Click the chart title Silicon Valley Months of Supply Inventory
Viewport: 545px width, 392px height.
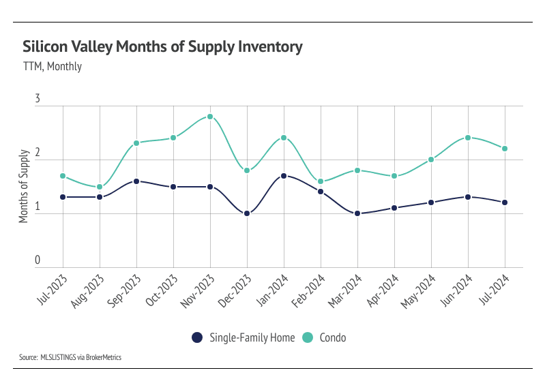162,47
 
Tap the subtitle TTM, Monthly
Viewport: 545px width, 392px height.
53,67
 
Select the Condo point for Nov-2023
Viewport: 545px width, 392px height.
210,117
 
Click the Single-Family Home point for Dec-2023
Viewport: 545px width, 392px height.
247,213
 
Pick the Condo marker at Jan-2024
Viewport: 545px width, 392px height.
284,138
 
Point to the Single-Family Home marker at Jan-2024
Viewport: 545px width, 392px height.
284,176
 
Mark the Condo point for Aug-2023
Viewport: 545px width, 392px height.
100,187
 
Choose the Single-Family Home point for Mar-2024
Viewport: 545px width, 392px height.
357,213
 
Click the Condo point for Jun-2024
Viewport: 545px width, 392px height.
468,138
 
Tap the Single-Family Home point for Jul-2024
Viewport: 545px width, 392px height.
505,202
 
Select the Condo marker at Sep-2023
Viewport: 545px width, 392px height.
136,143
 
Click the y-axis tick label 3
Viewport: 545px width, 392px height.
38,100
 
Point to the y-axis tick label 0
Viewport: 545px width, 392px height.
38,260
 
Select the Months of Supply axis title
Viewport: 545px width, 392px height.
23,185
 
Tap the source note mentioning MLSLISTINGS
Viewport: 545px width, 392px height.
70,357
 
